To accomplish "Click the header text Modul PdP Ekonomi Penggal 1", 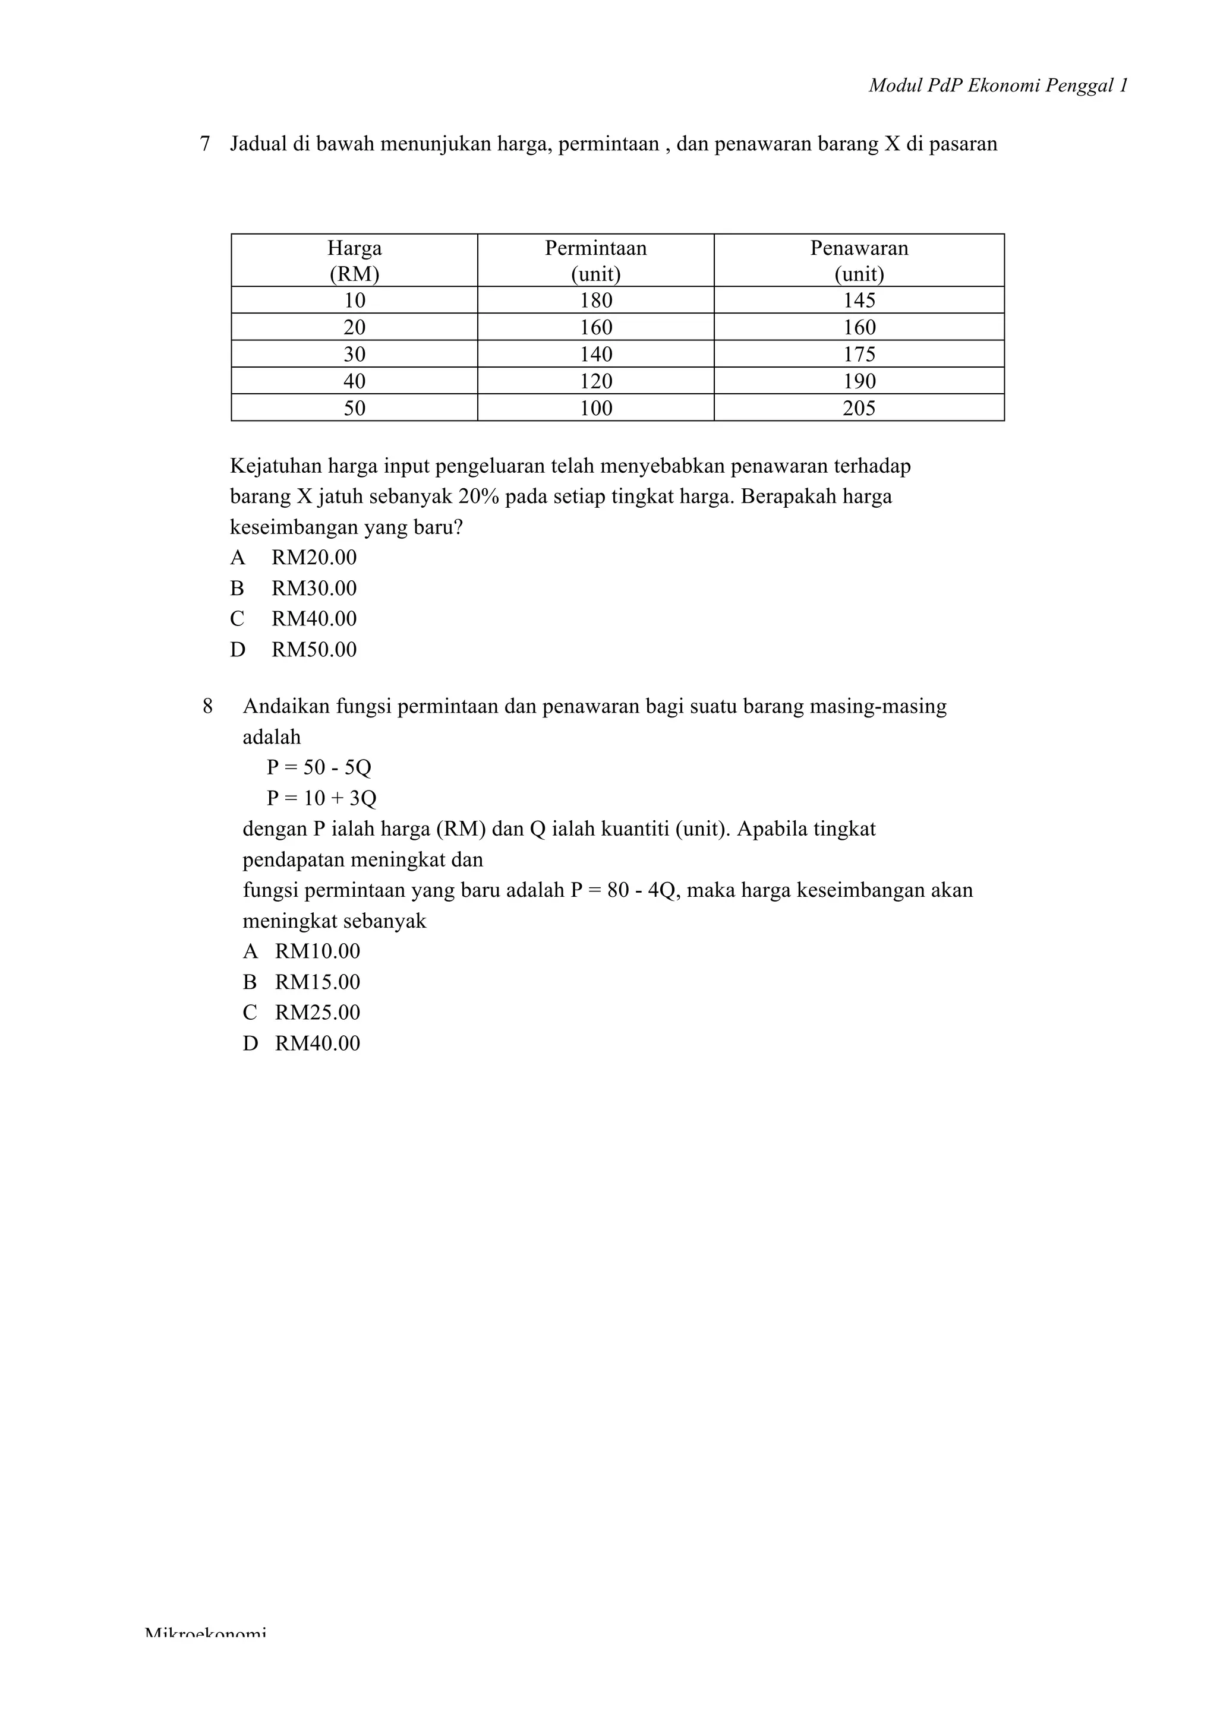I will pos(998,86).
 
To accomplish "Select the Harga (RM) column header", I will pos(354,260).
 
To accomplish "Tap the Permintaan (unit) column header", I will pos(596,260).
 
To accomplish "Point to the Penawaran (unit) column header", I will pos(859,260).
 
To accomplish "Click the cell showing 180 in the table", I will pos(596,301).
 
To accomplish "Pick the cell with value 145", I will pos(859,301).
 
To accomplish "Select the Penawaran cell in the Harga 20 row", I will pos(859,327).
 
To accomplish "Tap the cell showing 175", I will pos(859,355).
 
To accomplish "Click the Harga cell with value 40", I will pos(354,381).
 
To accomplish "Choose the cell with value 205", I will pos(859,408).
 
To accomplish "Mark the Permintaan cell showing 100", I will pos(596,408).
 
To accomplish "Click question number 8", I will pos(207,706).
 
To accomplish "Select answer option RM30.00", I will pos(313,589).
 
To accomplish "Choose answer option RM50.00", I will pos(313,650).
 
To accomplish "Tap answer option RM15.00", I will pos(317,982).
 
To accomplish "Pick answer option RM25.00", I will pos(317,1013).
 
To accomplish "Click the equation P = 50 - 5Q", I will pos(319,768).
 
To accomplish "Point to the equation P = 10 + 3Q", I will pos(321,799).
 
